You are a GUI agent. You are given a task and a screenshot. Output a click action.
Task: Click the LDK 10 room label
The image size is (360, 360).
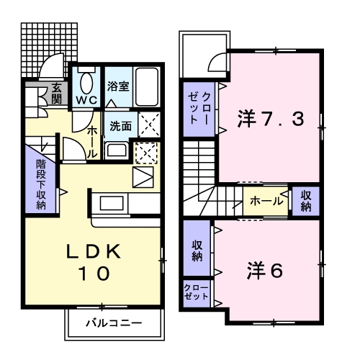pos(94,262)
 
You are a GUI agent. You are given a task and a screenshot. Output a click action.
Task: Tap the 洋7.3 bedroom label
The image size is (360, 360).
pos(271,119)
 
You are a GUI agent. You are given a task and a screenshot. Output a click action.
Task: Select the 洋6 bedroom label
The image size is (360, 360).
pos(265,270)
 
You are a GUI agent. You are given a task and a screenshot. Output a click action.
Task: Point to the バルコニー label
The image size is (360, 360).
pos(114,323)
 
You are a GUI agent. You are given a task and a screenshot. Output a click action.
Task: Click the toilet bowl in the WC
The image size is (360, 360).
pos(87,84)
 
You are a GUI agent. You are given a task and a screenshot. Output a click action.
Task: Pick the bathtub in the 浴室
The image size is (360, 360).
pos(147,87)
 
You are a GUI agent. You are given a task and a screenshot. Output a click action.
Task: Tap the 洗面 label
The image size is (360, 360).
pos(121,126)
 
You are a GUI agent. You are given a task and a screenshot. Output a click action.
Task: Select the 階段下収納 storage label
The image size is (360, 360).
pos(41,184)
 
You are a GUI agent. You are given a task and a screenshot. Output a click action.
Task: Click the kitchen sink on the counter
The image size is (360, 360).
pos(112,203)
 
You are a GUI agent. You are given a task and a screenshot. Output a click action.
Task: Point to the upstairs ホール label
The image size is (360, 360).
pos(266,201)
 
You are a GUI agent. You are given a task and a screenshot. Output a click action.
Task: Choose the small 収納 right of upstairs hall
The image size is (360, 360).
pos(306,201)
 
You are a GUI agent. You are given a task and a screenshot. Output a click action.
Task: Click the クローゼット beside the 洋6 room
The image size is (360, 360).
pos(196,292)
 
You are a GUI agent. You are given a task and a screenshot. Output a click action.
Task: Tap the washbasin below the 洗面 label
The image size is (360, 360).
pos(117,150)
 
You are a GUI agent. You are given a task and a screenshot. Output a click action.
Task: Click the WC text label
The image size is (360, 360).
pos(87,100)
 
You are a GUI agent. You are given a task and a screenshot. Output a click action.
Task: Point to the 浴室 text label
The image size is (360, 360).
pos(118,86)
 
